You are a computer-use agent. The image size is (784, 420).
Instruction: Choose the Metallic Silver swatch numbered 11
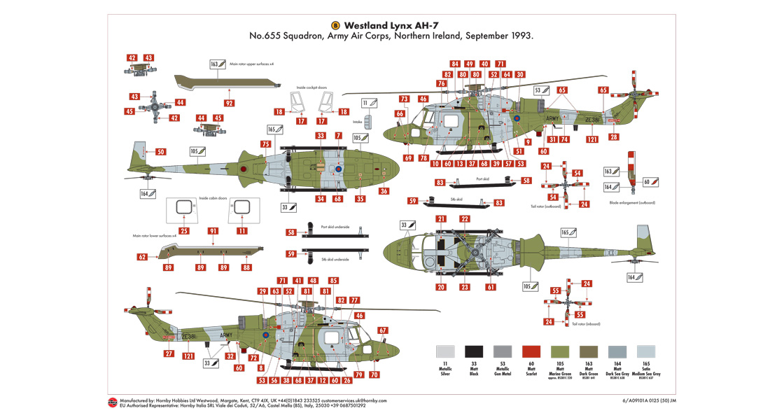444,352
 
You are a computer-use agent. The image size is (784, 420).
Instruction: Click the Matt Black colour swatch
475,352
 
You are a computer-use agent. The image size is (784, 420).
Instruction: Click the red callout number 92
229,103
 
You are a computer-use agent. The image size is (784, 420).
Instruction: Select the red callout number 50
160,152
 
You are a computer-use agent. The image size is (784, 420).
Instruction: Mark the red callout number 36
384,191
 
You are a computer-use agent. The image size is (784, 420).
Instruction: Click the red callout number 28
614,137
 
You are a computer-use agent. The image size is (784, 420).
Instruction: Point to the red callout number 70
374,375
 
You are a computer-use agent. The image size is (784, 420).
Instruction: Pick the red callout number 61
491,287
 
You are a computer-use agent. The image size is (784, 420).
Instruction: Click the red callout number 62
143,257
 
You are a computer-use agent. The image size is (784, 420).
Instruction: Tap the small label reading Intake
358,122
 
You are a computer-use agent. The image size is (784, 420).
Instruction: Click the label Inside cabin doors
213,197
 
